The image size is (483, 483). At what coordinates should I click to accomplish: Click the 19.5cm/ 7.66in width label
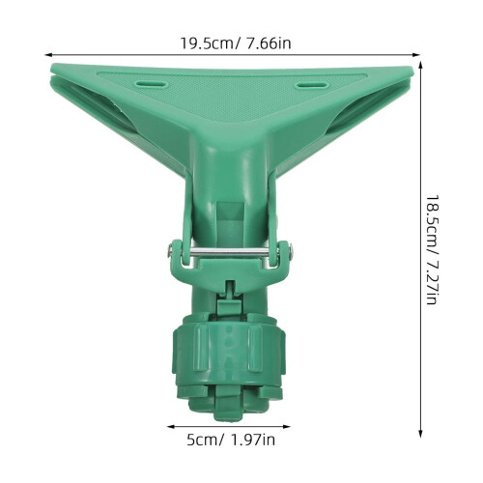pos(236,43)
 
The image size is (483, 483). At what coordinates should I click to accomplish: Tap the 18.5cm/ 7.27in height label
pos(432,249)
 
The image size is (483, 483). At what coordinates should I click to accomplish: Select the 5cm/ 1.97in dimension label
pos(231,440)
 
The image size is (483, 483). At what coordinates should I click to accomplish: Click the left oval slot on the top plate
pos(152,84)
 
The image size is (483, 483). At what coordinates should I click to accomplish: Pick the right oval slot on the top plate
pos(312,85)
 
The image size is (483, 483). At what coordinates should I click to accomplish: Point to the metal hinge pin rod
pos(229,253)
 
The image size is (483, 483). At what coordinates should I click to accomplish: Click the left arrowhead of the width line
pos(48,55)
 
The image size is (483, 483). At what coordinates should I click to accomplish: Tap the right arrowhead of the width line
pos(416,55)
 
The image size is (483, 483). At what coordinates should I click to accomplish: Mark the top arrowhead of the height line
pos(420,65)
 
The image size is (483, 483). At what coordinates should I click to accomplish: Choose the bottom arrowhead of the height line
pos(420,434)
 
